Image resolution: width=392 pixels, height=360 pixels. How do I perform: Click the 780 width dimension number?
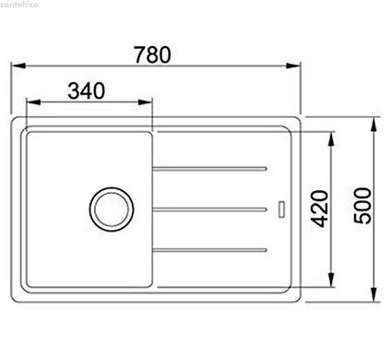point(152,54)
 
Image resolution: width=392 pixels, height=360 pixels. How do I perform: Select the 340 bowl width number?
point(87,90)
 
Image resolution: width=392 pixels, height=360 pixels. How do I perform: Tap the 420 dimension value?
point(319,209)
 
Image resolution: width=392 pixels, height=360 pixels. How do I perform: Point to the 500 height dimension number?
point(362,206)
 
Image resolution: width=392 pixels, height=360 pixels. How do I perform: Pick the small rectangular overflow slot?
point(281,210)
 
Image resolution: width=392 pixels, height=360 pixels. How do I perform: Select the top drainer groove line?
point(209,169)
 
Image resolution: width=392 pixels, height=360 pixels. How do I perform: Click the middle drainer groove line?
point(209,210)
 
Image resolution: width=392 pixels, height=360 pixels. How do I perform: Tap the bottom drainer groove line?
point(209,250)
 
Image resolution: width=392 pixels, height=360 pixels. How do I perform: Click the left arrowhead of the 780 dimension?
point(18,66)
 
